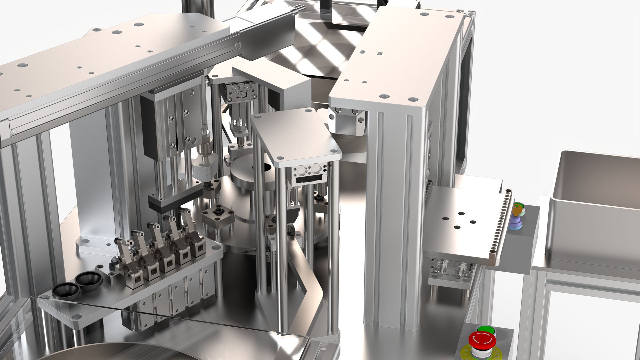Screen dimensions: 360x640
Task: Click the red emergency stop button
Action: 482,340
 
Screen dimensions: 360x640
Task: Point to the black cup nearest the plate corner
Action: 66,291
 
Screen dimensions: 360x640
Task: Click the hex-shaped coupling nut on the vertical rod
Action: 206,146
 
